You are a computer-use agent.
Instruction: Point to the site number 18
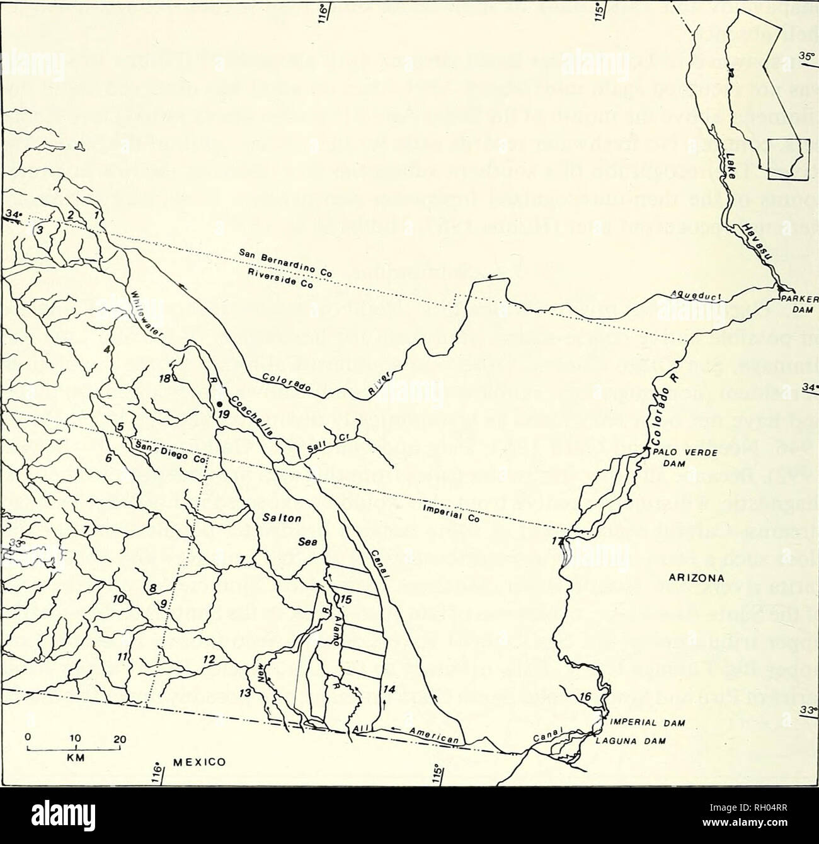click(x=166, y=379)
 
